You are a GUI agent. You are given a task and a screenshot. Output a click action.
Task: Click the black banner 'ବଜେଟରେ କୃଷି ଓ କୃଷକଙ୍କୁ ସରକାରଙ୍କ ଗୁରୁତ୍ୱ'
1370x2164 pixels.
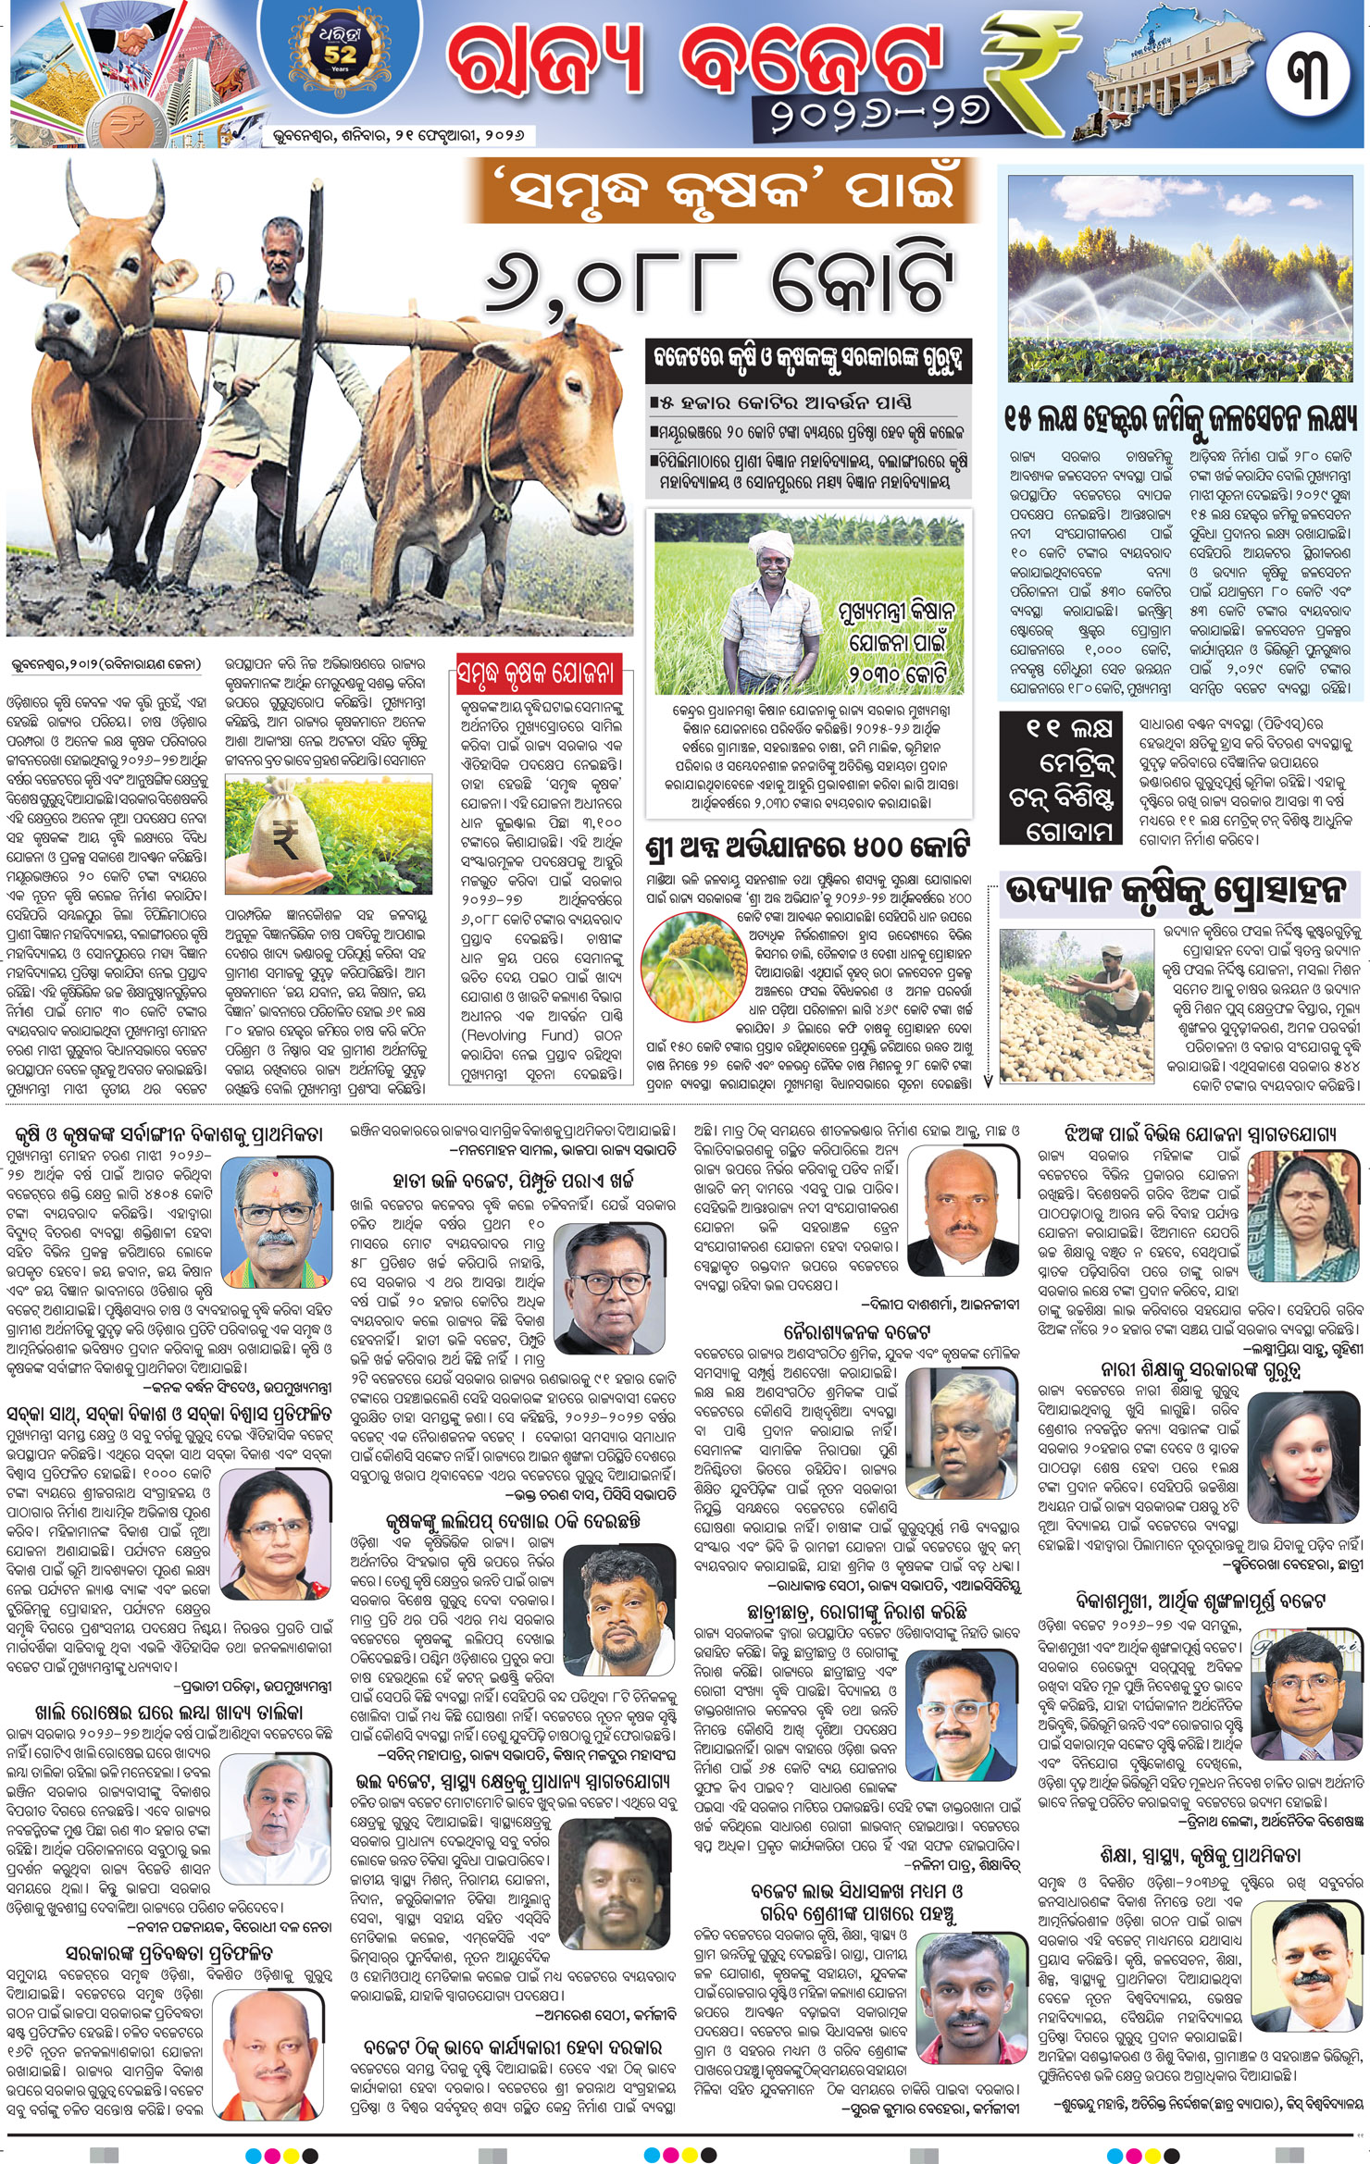(808, 359)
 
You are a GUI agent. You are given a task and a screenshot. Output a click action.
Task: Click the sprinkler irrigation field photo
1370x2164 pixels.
(1180, 278)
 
